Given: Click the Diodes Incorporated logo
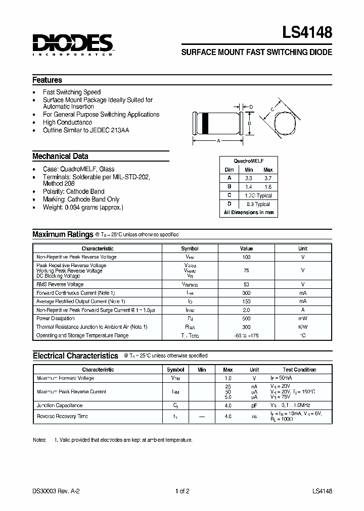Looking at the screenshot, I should tap(72, 44).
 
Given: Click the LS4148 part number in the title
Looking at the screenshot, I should tap(307, 33).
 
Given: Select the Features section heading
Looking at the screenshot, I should tap(47, 80).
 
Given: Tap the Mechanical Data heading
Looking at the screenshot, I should tap(60, 156).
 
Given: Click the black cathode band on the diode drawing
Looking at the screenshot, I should tap(205, 123).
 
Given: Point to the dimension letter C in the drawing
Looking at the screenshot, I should tap(272, 109).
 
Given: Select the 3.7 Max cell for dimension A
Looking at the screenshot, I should tap(268, 178).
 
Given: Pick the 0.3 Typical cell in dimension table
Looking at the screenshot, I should tap(258, 204).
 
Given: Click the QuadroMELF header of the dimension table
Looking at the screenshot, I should tap(249, 160).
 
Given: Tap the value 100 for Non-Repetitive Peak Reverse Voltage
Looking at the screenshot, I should tap(246, 257).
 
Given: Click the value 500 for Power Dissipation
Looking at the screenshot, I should tap(246, 319).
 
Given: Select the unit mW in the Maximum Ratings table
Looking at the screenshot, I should tap(302, 319).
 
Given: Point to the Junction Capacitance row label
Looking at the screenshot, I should tap(59, 405).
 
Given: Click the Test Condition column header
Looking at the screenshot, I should tap(299, 370).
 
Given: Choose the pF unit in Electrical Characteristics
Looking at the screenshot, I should tap(254, 405).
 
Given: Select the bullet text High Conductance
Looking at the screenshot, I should tap(67, 122).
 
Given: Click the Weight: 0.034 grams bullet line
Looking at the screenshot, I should tap(83, 207).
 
